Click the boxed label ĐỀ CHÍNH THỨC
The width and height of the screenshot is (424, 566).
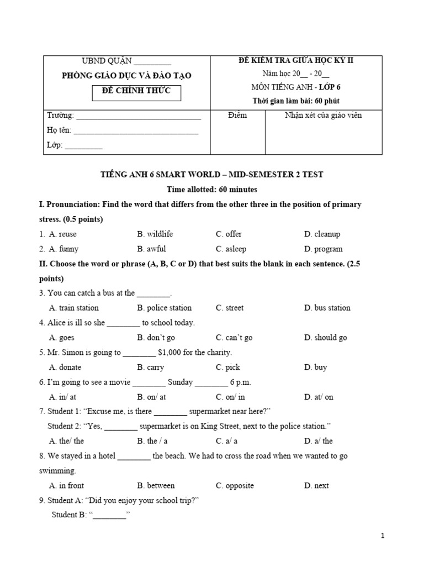tap(136, 91)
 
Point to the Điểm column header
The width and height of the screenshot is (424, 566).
tap(237, 116)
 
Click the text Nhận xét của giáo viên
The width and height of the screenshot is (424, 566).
tap(323, 116)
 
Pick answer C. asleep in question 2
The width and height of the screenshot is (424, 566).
tap(231, 249)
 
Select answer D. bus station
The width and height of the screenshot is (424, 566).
tap(327, 308)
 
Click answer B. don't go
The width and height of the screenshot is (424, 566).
tap(156, 338)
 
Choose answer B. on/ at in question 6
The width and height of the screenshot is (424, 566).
tap(152, 397)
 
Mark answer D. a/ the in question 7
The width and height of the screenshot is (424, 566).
tap(319, 441)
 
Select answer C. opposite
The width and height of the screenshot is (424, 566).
tap(235, 486)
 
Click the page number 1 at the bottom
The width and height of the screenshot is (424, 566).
tap(382, 536)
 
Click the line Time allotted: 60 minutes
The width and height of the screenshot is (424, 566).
tap(212, 190)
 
